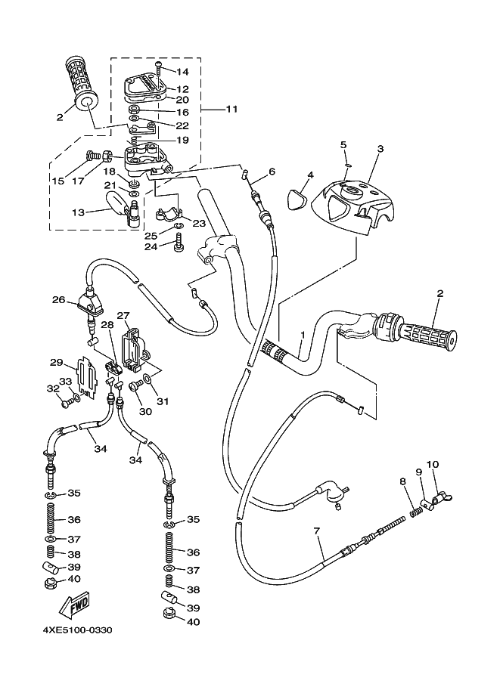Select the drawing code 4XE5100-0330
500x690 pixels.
(x=77, y=630)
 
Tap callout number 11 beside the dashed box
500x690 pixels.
(x=231, y=109)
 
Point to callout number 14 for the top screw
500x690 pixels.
(x=182, y=72)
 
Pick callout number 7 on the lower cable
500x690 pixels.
(x=317, y=531)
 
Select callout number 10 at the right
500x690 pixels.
(x=433, y=464)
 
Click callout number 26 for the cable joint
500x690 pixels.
(x=58, y=300)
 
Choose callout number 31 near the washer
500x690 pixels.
(x=163, y=401)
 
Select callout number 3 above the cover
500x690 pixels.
(x=380, y=149)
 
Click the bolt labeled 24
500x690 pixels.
(x=179, y=242)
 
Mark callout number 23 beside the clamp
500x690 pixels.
(x=199, y=224)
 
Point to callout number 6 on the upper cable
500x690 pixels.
(x=272, y=172)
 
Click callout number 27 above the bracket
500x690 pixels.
(x=123, y=315)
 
